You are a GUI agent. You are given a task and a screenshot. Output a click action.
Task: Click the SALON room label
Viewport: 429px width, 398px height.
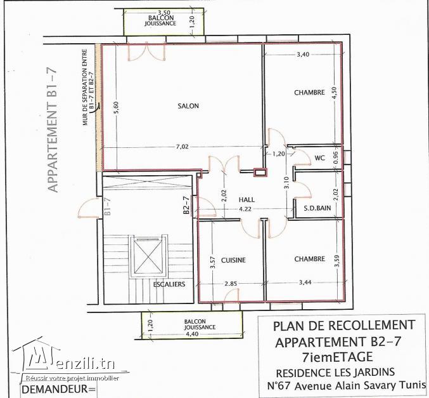click(188, 106)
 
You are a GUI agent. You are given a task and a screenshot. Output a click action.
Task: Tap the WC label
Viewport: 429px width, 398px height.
click(319, 158)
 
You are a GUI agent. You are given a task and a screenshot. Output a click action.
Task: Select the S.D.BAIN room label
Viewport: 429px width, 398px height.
click(317, 208)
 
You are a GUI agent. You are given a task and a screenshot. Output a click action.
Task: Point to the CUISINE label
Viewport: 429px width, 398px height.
click(233, 260)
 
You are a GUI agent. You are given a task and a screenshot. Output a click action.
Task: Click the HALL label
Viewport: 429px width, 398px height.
click(247, 199)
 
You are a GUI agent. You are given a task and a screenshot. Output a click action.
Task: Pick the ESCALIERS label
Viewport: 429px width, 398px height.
click(169, 284)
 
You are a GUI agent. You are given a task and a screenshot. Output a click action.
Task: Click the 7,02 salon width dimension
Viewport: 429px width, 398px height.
click(182, 147)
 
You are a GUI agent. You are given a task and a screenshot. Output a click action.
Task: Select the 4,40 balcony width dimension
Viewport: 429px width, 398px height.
click(192, 334)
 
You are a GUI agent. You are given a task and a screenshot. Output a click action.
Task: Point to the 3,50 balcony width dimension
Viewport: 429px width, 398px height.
click(164, 12)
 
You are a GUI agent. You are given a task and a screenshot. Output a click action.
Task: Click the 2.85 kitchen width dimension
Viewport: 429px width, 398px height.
click(231, 284)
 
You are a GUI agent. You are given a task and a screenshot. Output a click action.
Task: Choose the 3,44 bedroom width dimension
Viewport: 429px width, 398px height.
click(305, 282)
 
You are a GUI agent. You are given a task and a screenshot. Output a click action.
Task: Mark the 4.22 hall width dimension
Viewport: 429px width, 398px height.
click(245, 209)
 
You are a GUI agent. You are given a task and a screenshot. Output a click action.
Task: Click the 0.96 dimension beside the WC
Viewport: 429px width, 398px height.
click(336, 158)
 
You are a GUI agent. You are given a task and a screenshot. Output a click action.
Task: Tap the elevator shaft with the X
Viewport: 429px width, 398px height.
click(148, 257)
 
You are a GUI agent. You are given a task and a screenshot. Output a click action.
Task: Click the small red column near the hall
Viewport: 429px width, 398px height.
click(260, 172)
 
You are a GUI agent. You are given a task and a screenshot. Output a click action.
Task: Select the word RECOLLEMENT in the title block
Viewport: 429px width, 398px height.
click(371, 325)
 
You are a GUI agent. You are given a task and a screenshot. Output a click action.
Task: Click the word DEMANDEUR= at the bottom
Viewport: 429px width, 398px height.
click(58, 389)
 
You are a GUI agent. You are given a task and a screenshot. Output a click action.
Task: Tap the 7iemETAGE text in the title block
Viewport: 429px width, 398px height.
click(338, 357)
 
